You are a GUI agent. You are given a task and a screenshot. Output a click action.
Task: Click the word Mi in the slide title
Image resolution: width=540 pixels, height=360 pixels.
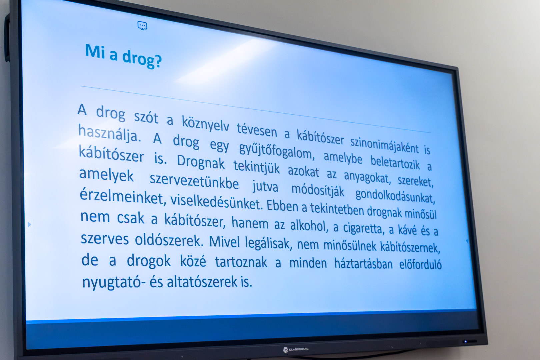coord(95,51)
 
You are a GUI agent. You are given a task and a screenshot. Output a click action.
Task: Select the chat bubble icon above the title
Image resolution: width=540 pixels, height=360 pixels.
coord(142,26)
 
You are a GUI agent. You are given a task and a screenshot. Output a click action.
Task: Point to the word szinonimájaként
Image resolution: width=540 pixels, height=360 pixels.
coord(384,145)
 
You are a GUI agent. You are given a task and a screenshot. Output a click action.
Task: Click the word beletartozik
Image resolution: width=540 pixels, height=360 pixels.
coord(395,162)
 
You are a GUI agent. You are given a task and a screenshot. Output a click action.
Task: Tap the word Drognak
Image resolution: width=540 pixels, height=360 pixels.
coord(201,162)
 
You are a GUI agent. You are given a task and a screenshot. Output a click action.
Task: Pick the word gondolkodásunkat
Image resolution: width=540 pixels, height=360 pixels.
coord(395,196)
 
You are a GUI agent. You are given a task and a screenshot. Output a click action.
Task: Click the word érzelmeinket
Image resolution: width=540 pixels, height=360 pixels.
coord(123,197)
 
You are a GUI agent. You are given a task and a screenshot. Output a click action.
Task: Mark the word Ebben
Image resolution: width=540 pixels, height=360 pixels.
coord(282,206)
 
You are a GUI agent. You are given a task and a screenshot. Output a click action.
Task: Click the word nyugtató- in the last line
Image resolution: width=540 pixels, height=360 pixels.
coord(114,282)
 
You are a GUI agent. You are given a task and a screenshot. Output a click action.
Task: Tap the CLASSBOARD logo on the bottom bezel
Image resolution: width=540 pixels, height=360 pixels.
coord(296,349)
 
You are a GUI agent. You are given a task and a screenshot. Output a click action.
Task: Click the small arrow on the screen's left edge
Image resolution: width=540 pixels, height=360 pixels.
coord(29,224)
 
